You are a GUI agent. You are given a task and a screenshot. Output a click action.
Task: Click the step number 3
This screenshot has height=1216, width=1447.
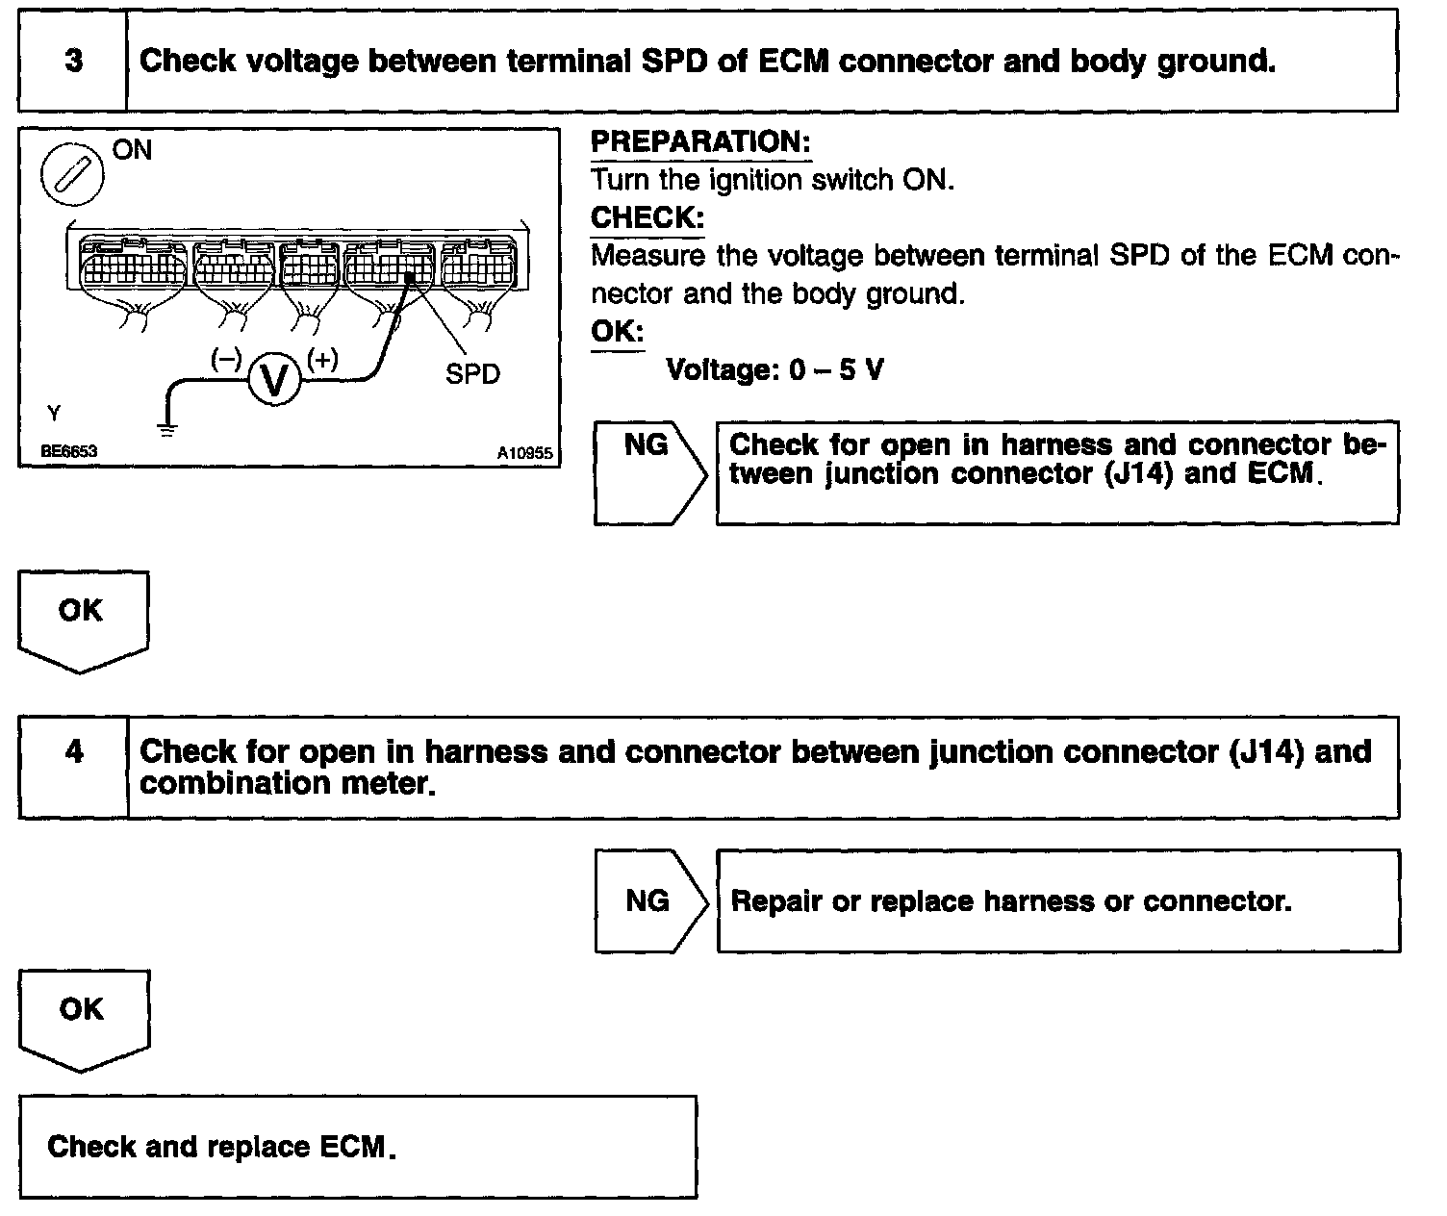tap(73, 62)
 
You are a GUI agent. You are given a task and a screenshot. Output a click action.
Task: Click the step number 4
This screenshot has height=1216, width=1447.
tap(74, 752)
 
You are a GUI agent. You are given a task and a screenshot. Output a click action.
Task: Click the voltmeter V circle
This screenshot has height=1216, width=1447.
tap(274, 379)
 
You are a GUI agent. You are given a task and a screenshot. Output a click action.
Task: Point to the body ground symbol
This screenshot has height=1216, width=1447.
tap(167, 430)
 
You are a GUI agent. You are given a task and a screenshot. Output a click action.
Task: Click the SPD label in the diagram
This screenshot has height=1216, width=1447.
tap(472, 374)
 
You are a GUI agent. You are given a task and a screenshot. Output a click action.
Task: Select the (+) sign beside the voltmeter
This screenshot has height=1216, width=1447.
tap(322, 359)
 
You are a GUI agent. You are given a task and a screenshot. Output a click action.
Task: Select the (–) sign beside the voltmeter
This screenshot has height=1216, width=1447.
tap(227, 359)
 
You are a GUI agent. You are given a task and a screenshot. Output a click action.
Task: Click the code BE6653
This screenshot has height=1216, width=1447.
tap(68, 450)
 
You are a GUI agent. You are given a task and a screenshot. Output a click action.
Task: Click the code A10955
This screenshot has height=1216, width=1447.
tap(525, 452)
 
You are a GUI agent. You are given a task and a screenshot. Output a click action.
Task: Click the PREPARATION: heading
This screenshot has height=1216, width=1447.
tap(700, 142)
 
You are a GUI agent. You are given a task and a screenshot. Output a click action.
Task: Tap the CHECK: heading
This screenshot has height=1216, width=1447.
tap(647, 218)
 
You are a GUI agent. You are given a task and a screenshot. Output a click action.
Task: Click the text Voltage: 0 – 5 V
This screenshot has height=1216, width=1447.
tap(774, 370)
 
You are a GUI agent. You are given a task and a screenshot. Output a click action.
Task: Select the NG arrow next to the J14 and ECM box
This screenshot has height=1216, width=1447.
tap(648, 471)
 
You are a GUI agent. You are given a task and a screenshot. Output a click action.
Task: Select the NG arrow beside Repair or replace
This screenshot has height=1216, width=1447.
tap(650, 900)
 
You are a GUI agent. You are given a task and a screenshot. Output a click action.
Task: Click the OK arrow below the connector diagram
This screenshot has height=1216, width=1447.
tap(81, 616)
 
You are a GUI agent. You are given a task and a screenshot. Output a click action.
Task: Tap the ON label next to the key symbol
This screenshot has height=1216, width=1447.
tap(133, 150)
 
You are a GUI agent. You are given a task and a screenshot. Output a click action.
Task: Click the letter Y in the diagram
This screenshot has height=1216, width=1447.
tap(54, 414)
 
